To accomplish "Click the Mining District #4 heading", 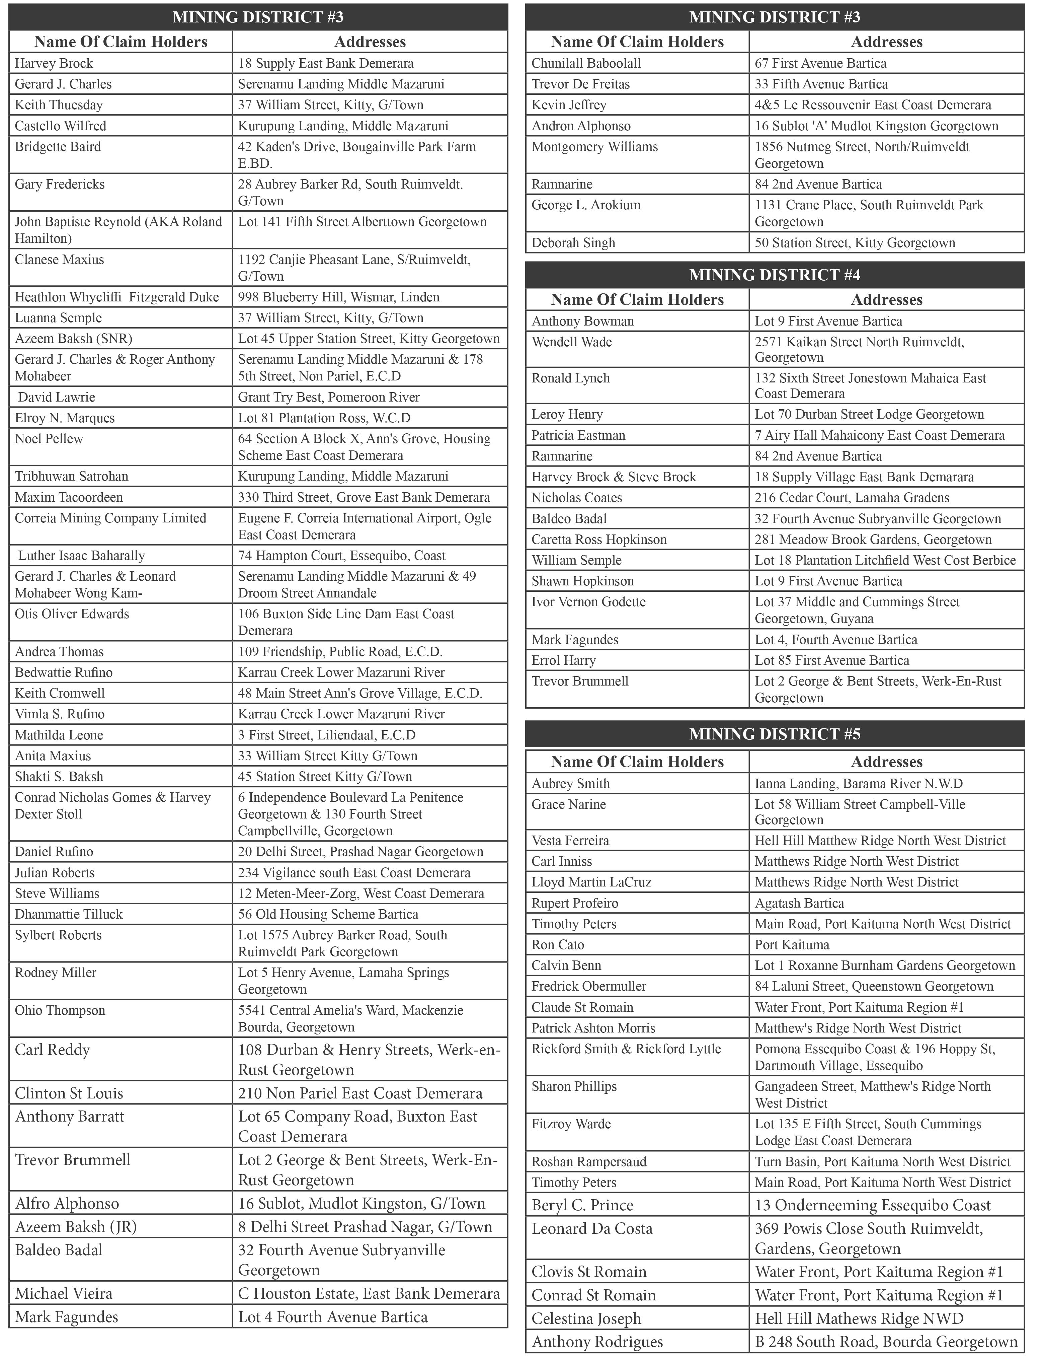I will [x=774, y=275].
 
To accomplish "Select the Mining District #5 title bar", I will [x=774, y=734].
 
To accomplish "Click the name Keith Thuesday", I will [x=59, y=104].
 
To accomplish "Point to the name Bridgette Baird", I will [x=58, y=147].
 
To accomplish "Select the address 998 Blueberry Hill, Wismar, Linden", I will [x=339, y=297].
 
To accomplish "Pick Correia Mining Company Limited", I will [x=110, y=518].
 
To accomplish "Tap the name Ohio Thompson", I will [x=60, y=1010].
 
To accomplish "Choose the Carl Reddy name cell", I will [x=53, y=1050].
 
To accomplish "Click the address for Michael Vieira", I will [x=369, y=1294].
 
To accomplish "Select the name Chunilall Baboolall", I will [x=586, y=63].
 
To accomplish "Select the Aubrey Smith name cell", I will [x=570, y=783].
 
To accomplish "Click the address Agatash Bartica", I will [x=799, y=903].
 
